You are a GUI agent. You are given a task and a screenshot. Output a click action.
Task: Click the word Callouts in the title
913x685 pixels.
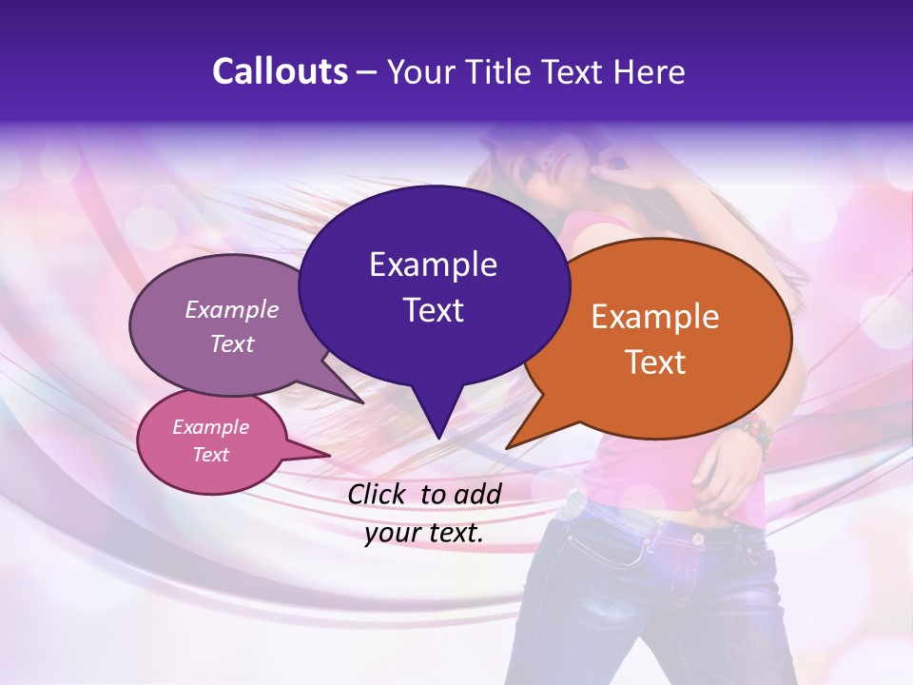tap(280, 71)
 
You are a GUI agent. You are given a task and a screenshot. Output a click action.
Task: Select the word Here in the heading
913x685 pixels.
tap(650, 71)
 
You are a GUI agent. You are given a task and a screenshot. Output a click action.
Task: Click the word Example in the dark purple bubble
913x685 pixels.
tap(433, 264)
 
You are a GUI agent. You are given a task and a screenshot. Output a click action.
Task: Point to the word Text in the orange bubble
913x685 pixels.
tap(655, 362)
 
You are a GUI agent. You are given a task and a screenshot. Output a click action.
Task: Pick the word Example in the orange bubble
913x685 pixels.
tap(655, 317)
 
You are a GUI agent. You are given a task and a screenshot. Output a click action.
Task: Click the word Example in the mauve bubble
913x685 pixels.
tap(232, 310)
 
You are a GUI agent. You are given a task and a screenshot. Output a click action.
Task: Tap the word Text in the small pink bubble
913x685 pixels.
tap(211, 455)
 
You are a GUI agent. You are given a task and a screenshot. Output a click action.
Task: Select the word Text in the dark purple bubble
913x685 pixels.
tap(433, 310)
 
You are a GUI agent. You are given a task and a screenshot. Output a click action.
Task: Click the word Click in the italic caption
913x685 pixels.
tap(379, 494)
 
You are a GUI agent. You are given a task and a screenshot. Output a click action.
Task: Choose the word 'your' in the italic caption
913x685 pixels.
tap(391, 534)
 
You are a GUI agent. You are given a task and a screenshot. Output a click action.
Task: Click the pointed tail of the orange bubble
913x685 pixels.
tap(518, 440)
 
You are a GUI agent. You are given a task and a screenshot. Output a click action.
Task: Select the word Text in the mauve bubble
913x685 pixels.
tap(232, 344)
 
